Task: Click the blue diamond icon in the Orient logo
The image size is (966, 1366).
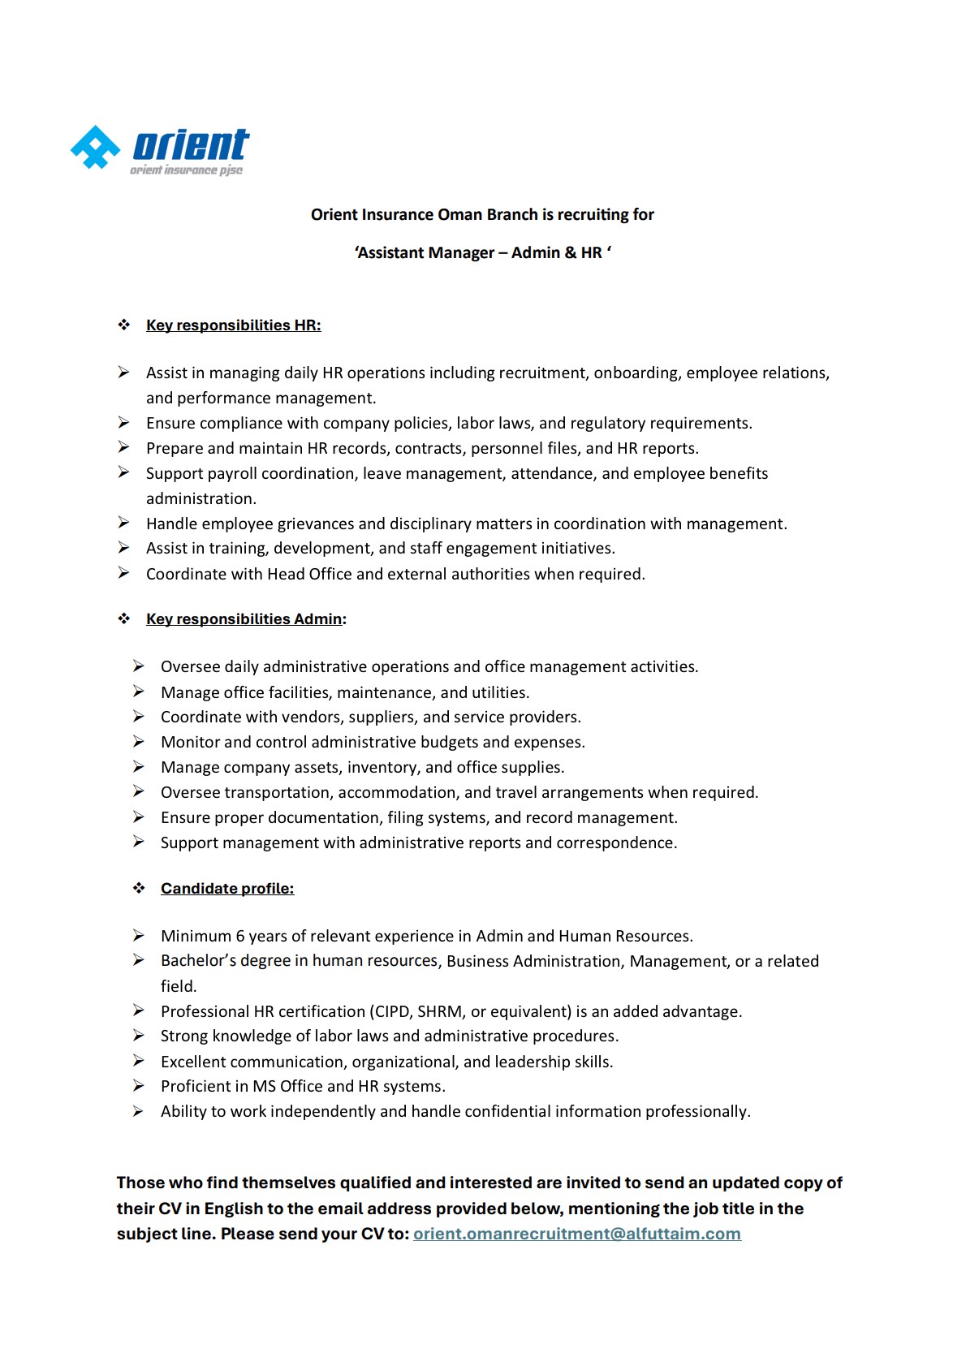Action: coord(96,148)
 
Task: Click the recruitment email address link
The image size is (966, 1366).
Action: coord(576,1234)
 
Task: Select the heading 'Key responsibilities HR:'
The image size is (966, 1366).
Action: coord(233,325)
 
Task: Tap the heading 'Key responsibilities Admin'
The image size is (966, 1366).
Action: coord(244,619)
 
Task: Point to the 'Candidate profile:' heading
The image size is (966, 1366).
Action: coord(227,889)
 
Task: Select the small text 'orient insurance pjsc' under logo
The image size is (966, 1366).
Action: coord(186,170)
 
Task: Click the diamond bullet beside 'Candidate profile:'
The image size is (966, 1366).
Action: coord(139,889)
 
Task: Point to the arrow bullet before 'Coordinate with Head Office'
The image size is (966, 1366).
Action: coord(123,574)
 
